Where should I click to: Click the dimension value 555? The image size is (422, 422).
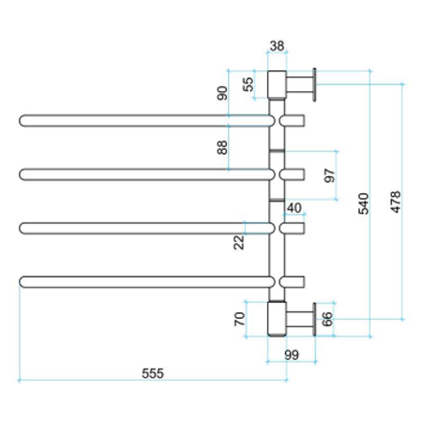point(153,372)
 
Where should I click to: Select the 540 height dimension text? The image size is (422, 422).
point(365,204)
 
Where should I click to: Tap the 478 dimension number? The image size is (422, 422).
point(395,204)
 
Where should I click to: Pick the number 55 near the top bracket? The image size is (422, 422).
point(249,83)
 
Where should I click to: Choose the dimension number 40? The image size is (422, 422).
point(294,207)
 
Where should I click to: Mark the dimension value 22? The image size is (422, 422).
point(240,242)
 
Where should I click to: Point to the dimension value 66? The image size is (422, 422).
point(328,319)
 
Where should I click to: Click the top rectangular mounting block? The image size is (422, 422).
point(279,84)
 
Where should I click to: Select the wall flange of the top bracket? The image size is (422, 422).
point(314,84)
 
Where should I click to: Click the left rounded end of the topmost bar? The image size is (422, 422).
point(24,120)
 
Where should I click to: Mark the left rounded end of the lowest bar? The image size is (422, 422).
point(24,280)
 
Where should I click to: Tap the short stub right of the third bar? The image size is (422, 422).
point(294,228)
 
